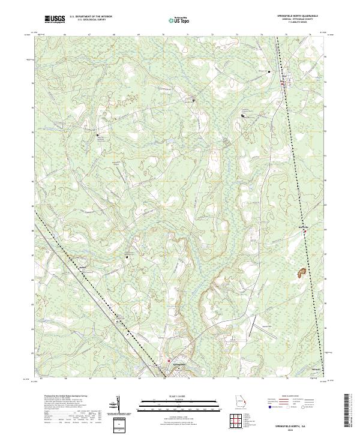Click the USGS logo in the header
55,19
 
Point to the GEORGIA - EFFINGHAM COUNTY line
292,19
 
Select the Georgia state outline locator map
242,402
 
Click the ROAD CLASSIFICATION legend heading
294,396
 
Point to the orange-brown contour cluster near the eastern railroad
299,273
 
